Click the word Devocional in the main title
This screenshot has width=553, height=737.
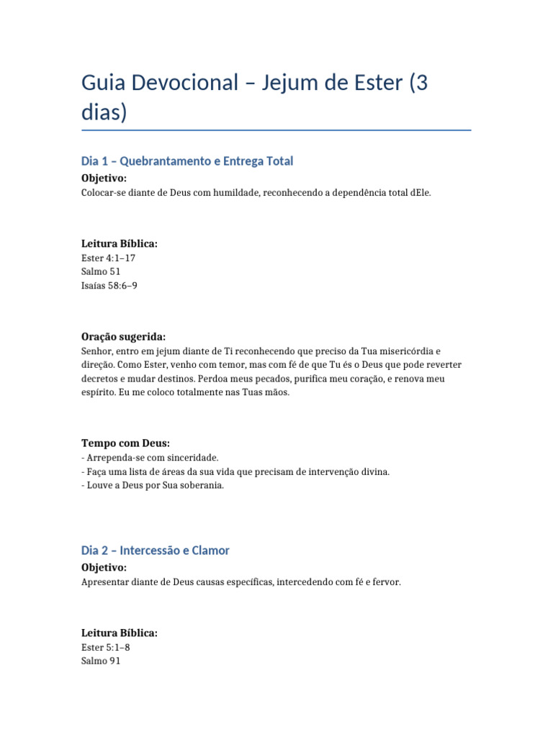(187, 83)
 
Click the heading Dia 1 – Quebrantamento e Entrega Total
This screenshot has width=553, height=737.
(187, 161)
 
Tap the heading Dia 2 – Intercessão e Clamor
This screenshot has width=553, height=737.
(156, 551)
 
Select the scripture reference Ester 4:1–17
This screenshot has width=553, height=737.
(109, 258)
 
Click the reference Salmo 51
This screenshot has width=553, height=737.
(102, 271)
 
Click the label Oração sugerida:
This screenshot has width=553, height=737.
(124, 337)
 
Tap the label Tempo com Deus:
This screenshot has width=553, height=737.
(126, 443)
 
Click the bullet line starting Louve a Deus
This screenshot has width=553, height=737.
(153, 485)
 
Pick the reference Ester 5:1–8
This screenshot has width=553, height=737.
(106, 647)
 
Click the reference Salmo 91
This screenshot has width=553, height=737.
(102, 661)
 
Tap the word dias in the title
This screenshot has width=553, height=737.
(104, 114)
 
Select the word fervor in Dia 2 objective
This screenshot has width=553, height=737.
(385, 582)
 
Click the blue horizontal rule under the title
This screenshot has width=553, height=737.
(276, 130)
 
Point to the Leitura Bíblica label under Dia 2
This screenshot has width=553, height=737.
(120, 633)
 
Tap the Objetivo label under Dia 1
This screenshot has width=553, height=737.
(104, 178)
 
